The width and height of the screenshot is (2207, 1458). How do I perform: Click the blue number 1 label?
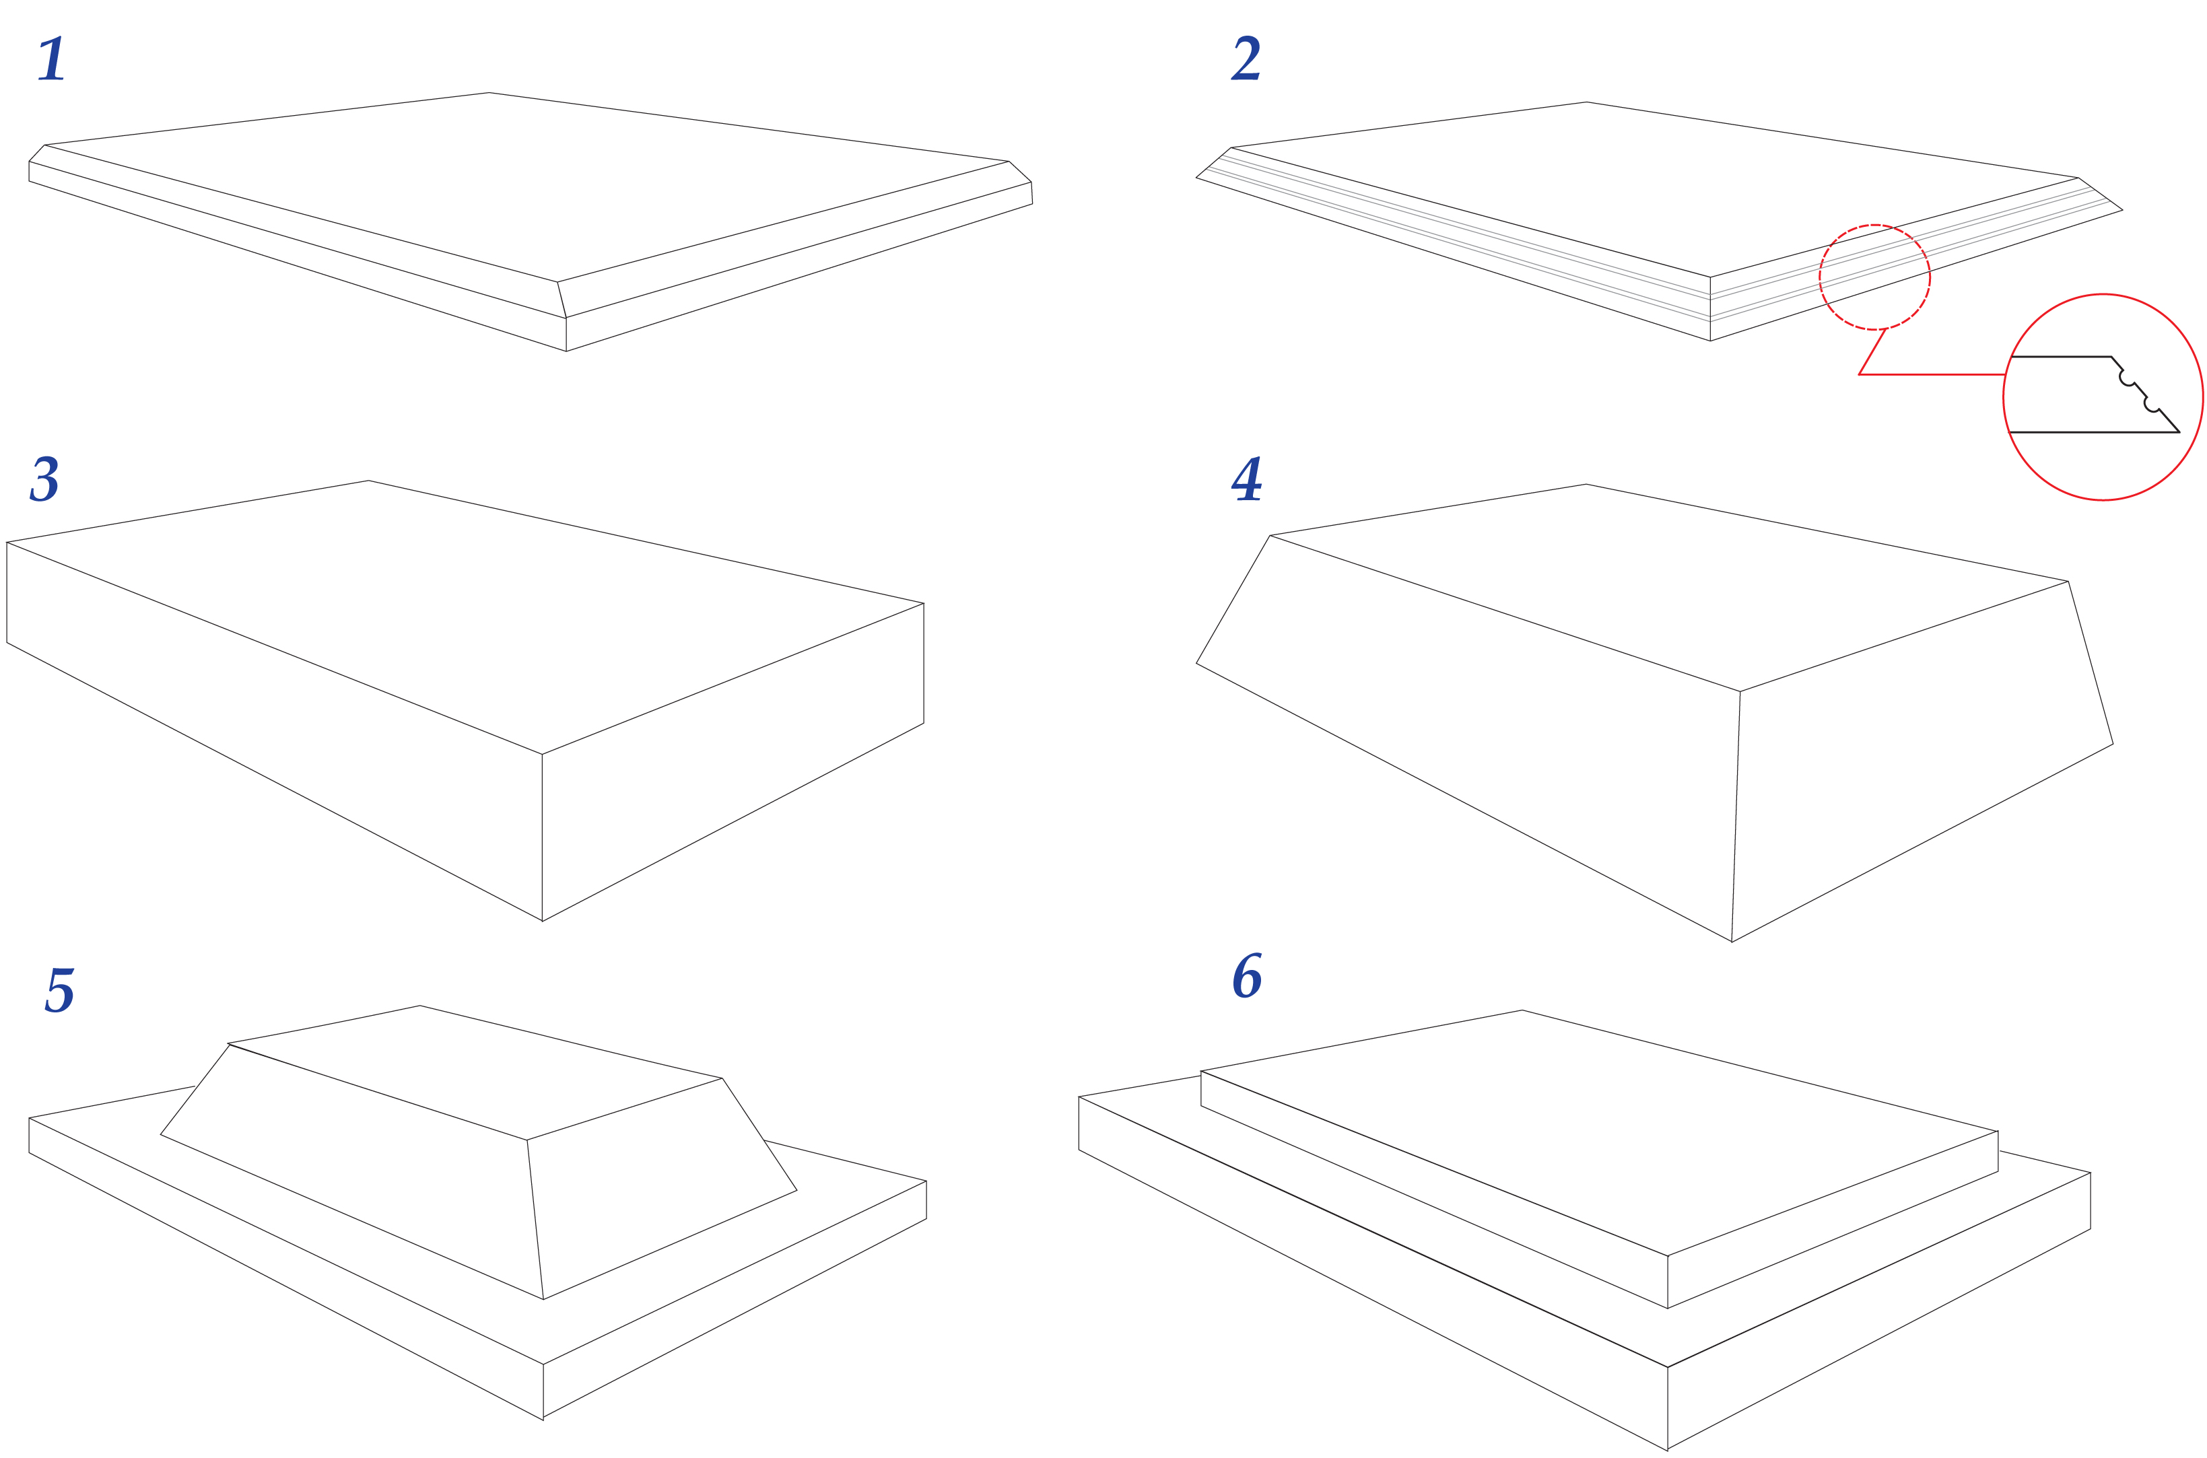pos(52,59)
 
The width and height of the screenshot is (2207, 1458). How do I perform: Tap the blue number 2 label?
pos(1246,59)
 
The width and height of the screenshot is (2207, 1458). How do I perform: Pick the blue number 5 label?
pos(59,990)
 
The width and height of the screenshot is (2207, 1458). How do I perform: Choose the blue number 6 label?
pos(1247,976)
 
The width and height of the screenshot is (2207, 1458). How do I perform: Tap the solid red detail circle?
pos(2102,295)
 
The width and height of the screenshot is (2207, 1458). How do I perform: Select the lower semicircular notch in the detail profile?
pos(2151,405)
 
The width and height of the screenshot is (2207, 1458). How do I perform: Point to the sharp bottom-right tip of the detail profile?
pos(2179,432)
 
